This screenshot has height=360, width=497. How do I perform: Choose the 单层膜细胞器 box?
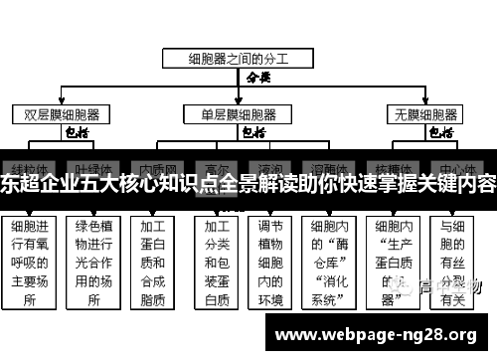[239, 113]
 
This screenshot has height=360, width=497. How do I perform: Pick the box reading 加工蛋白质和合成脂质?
[153, 262]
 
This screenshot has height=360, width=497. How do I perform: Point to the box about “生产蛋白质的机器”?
[394, 262]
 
